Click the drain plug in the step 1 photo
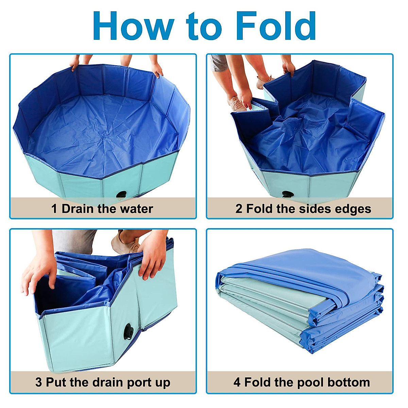click(x=121, y=195)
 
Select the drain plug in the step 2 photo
click(x=287, y=195)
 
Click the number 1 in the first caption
click(x=54, y=208)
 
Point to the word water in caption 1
click(x=135, y=208)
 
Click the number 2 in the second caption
click(x=239, y=208)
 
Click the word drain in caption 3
click(x=108, y=382)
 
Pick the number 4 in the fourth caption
click(x=237, y=382)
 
